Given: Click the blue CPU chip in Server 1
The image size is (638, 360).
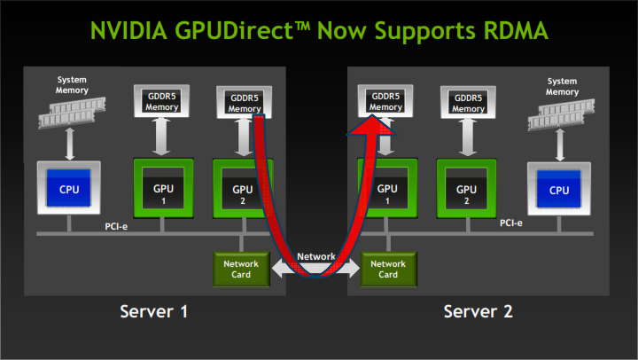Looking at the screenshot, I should coord(68,190).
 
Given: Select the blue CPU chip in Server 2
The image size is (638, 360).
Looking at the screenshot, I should coord(559,190).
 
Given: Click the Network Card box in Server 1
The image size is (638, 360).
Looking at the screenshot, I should coord(241,269).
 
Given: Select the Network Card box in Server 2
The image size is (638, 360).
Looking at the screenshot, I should coord(388,269).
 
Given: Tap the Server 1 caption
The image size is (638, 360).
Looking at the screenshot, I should coord(155,312).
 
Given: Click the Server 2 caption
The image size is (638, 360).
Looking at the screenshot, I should coord(478,312).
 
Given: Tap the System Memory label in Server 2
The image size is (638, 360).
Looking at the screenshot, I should coord(562,87).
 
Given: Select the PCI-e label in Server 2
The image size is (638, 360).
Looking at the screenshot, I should coord(510,223).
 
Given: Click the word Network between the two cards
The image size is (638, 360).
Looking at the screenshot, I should coord(315,256).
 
